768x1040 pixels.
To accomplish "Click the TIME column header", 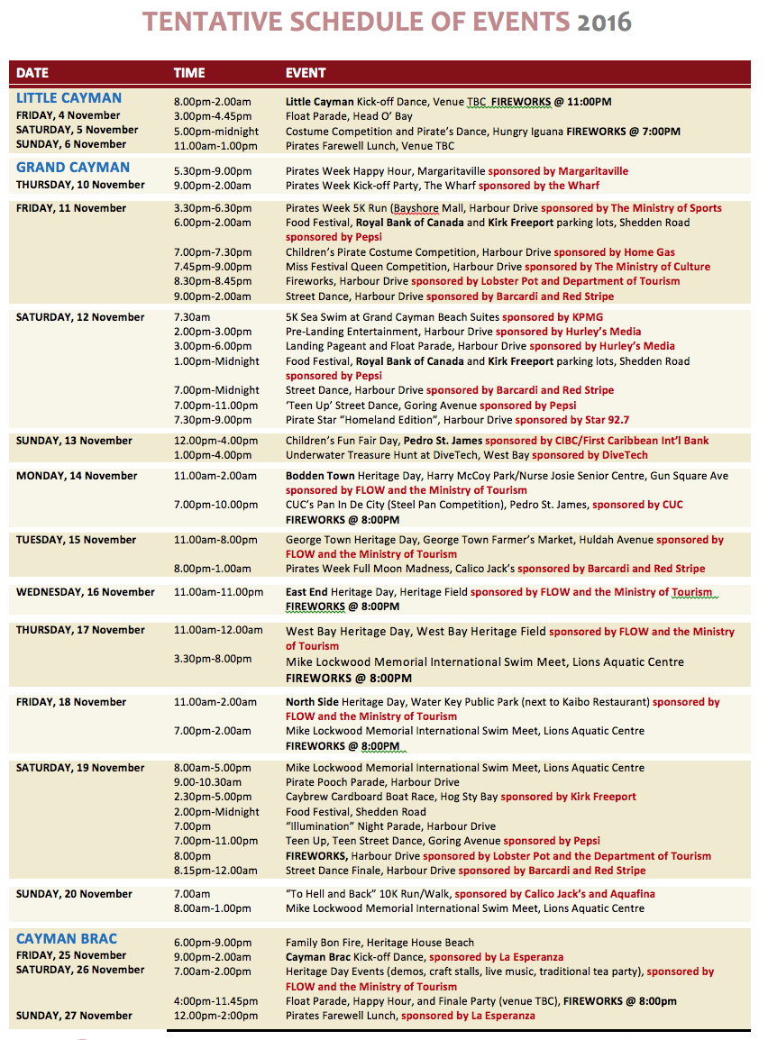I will click(189, 72).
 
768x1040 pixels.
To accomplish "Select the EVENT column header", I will click(306, 72).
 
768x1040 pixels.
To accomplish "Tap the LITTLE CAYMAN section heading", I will click(69, 98).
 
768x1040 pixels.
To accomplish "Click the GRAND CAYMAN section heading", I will click(73, 168).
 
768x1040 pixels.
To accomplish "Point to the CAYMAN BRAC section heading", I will click(67, 939).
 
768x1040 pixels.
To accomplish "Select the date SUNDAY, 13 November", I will click(74, 441).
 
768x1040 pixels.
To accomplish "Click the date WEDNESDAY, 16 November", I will click(86, 592).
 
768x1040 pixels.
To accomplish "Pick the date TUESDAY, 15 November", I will click(76, 540).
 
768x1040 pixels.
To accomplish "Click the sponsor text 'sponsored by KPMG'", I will click(553, 317).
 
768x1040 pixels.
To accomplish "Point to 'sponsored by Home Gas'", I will click(614, 252).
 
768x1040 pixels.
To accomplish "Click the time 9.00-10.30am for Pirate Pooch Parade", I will click(207, 782).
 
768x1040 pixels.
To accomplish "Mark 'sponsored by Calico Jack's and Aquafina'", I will click(554, 894).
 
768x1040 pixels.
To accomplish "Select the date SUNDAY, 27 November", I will click(74, 1016).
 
